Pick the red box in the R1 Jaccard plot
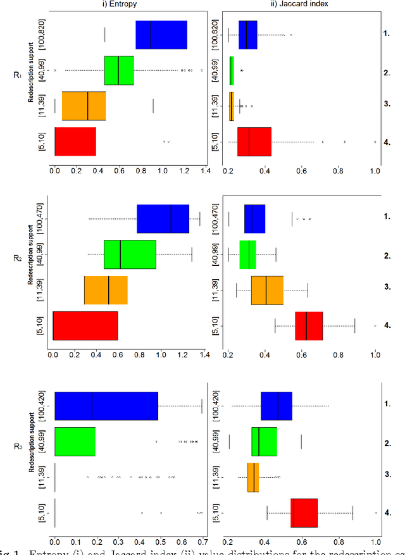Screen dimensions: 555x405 tap(254, 142)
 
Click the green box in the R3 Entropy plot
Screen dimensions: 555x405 tap(75, 442)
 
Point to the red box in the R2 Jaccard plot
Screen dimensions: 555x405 tap(309, 326)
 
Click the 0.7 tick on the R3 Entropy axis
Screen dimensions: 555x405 tap(202, 542)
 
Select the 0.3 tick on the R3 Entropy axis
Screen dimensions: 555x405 tap(118, 542)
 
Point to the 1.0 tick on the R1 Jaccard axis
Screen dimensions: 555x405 tap(376, 170)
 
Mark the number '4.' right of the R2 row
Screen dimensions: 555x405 tap(387, 327)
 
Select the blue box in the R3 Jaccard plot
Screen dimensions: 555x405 tap(276, 406)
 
